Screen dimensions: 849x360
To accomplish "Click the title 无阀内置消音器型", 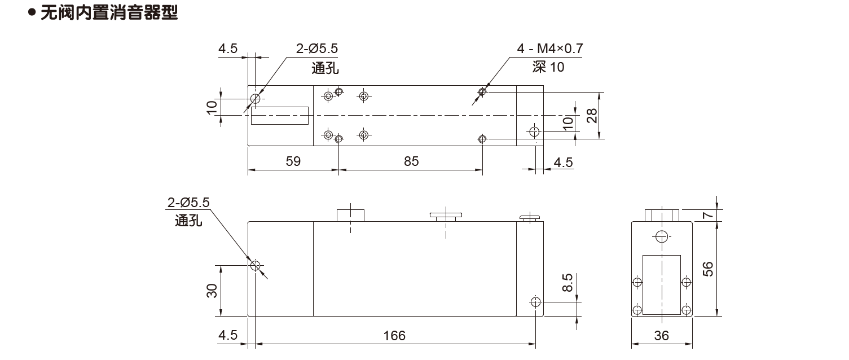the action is point(109,12).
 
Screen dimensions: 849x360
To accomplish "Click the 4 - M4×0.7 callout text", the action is point(550,49).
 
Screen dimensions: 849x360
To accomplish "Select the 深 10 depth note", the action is point(548,67).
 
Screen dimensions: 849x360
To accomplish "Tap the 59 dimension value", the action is point(293,161).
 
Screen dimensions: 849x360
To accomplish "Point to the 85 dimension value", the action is point(411,161).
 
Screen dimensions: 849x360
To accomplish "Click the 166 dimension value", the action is point(394,336).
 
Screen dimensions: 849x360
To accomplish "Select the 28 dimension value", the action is point(592,116).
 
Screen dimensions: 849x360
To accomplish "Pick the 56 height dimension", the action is point(707,269).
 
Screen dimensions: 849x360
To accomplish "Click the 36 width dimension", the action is point(661,336).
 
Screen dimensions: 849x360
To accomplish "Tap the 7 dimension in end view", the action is point(707,215).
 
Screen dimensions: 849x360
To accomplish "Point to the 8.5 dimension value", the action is point(568,283).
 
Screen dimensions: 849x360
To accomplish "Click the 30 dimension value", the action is point(212,291).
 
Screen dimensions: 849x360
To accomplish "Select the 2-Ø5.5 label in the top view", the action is point(317,49).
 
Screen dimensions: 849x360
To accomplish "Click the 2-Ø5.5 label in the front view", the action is point(188,203).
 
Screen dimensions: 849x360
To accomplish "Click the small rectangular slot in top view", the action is point(280,116).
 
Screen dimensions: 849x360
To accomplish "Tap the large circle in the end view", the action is point(662,237).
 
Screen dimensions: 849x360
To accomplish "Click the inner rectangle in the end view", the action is point(662,284).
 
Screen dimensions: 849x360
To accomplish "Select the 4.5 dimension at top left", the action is point(228,49).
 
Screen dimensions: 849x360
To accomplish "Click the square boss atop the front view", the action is point(350,215).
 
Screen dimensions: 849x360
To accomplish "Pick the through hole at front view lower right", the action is point(535,302).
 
